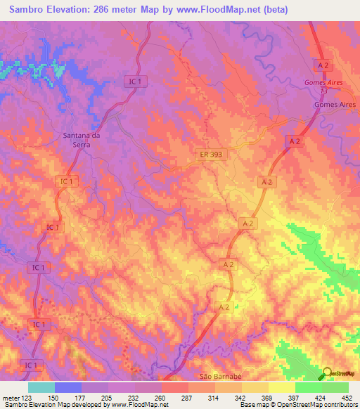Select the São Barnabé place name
point(221,377)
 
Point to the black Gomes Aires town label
point(335,104)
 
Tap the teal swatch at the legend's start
point(41,387)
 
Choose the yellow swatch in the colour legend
point(281,387)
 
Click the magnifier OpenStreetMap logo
point(328,374)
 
